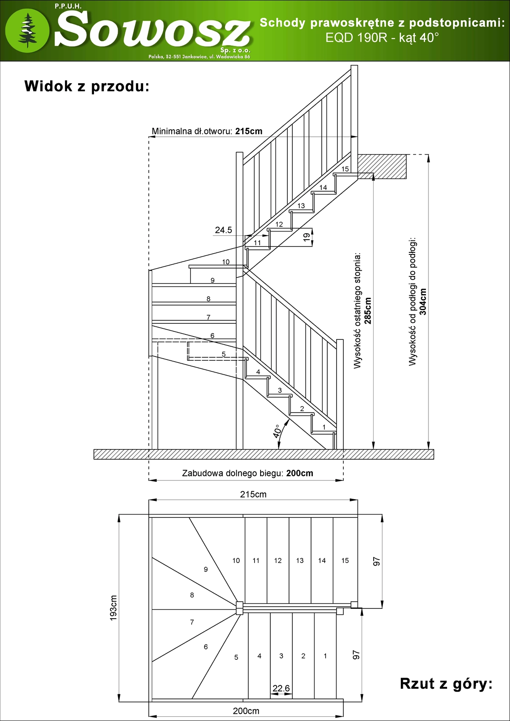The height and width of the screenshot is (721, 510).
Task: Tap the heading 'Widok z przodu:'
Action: pyautogui.click(x=87, y=86)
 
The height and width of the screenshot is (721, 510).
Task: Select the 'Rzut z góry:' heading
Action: pyautogui.click(x=446, y=684)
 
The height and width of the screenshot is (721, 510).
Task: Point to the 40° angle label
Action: pyautogui.click(x=277, y=431)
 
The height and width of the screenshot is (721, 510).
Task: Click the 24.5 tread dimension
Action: pyautogui.click(x=224, y=230)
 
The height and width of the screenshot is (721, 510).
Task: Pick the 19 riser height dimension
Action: pyautogui.click(x=306, y=237)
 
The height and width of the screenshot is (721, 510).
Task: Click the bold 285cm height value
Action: pyautogui.click(x=367, y=311)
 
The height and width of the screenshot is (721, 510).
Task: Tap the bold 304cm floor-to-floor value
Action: pyautogui.click(x=422, y=302)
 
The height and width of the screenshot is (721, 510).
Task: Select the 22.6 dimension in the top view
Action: pyautogui.click(x=281, y=688)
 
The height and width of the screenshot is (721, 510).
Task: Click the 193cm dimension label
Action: pyautogui.click(x=113, y=608)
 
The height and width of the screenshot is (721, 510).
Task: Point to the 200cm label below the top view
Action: pyautogui.click(x=246, y=711)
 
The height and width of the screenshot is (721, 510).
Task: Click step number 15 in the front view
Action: pyautogui.click(x=345, y=169)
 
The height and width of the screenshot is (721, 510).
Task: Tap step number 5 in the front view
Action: pyautogui.click(x=224, y=354)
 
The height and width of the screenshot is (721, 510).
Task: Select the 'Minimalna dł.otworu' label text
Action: pyautogui.click(x=192, y=131)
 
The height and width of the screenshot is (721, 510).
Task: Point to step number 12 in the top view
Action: pyautogui.click(x=278, y=561)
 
